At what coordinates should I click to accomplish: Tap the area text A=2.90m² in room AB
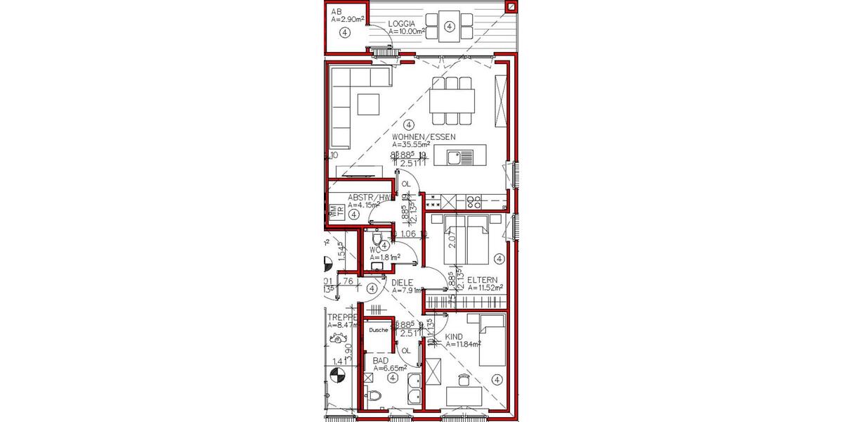[x=347, y=20]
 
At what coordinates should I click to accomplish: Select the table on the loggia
[x=449, y=27]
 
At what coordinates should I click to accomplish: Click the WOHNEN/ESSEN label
[x=424, y=136]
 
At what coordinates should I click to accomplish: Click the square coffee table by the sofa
[x=368, y=104]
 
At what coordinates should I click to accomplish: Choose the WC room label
[x=375, y=250]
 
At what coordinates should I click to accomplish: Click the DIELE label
[x=402, y=283]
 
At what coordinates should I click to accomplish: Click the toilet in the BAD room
[x=375, y=396]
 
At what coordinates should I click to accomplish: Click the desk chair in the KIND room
[x=462, y=381]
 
